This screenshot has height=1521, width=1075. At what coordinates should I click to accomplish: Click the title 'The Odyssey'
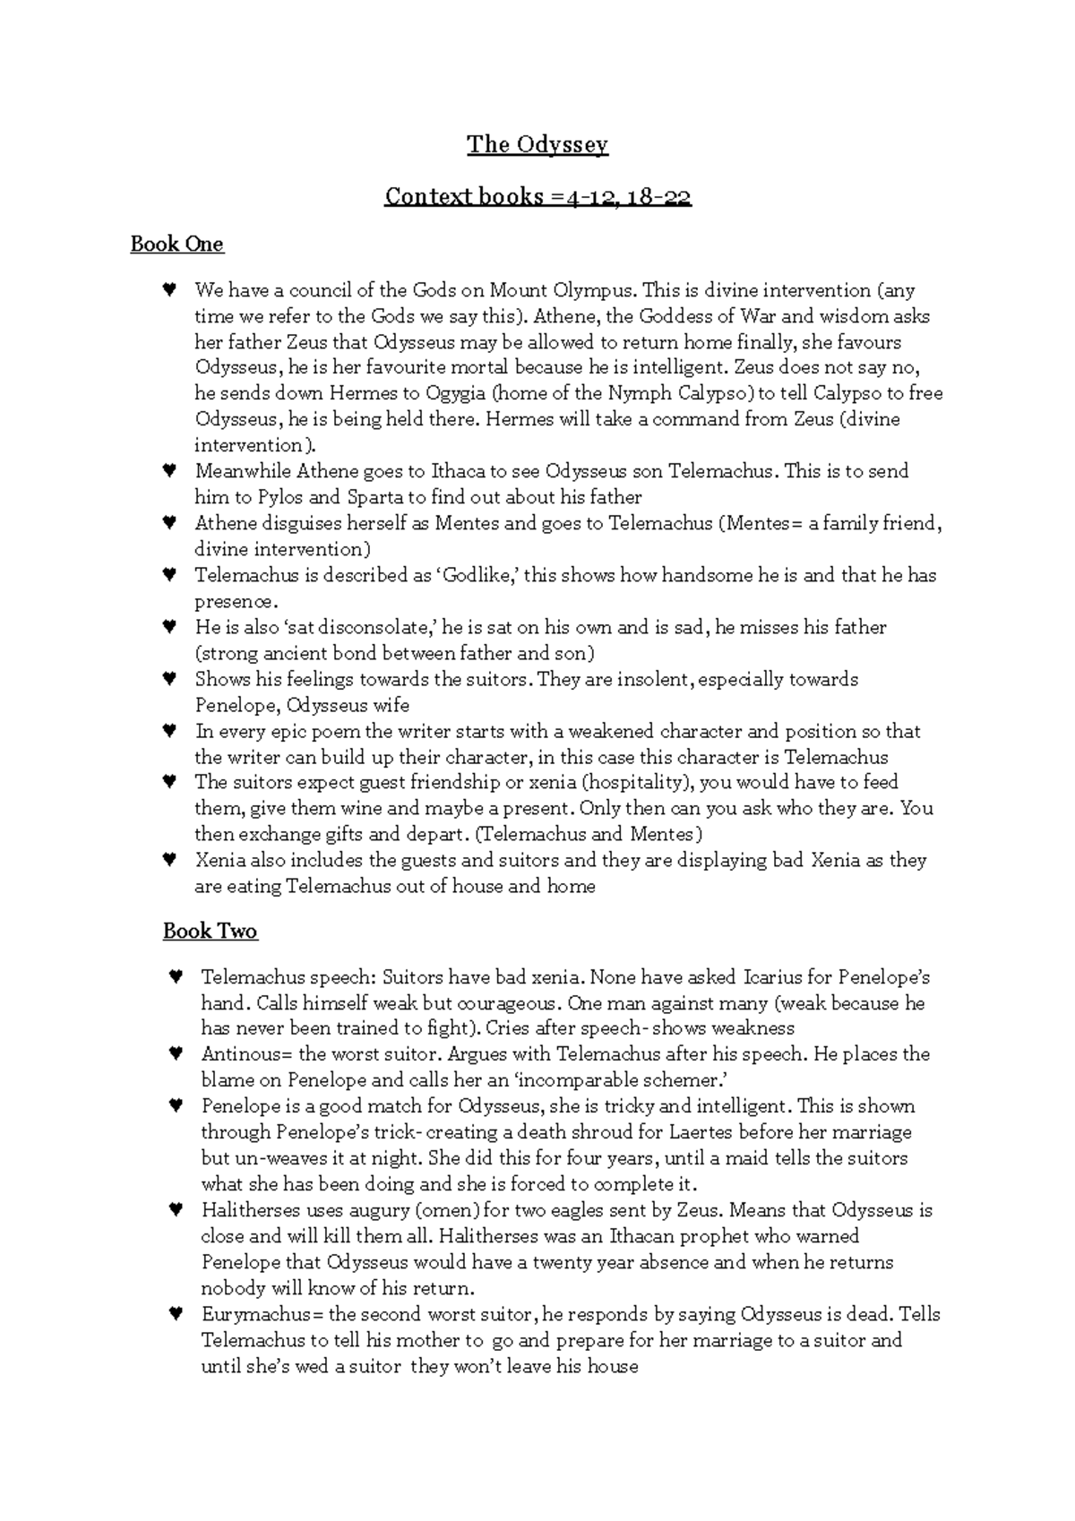537,144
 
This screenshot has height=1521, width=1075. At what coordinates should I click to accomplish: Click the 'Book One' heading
176,244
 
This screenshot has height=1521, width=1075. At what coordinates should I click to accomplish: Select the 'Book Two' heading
210,931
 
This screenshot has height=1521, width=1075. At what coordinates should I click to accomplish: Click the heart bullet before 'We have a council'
168,290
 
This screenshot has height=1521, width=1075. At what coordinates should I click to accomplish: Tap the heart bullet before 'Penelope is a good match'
176,1106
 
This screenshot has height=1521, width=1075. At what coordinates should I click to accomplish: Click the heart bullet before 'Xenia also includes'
168,860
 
